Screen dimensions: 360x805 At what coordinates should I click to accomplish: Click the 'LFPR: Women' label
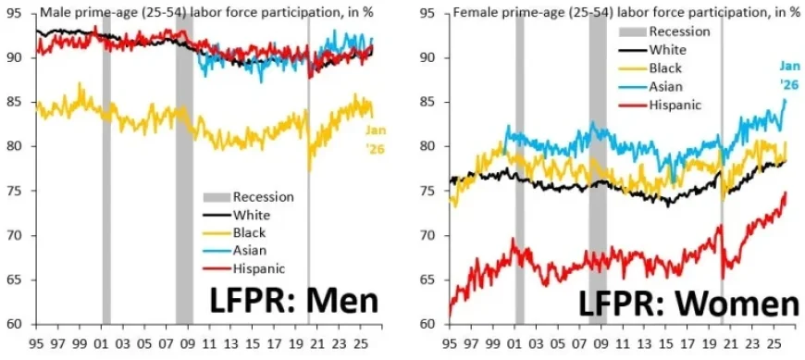[688, 303]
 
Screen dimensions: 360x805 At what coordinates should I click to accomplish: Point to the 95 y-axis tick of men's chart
[15, 13]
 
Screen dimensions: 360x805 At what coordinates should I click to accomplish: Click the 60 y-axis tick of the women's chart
[427, 324]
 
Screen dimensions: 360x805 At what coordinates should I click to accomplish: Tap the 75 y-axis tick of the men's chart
[15, 191]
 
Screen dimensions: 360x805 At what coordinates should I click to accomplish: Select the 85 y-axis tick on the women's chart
[427, 102]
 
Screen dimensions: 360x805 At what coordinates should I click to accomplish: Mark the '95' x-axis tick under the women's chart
[451, 341]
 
